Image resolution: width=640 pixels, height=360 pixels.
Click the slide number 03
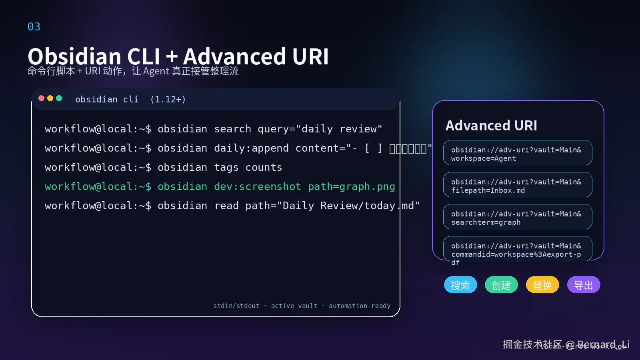tap(34, 27)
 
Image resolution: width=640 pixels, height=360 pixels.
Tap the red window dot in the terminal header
tap(41, 98)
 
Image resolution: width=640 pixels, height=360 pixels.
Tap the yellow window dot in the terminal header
tap(50, 98)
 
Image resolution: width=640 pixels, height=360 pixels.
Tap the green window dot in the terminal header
tap(59, 98)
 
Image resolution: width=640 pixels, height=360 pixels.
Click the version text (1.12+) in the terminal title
tap(168, 100)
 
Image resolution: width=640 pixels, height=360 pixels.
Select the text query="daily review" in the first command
tap(320, 129)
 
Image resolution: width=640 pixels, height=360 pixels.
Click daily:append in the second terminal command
tap(251, 148)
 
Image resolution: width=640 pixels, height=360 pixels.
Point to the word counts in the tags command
tap(264, 168)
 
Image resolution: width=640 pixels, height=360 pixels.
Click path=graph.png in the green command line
tap(351, 187)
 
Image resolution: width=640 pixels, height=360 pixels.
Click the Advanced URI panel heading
tap(491, 126)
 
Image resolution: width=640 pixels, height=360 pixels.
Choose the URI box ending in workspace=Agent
tap(518, 153)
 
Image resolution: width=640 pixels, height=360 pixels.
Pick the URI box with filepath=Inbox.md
tap(518, 185)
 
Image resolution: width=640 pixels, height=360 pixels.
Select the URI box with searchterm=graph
tap(518, 217)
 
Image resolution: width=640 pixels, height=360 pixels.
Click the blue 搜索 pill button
tap(460, 285)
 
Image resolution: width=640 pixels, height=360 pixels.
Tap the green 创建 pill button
tap(501, 285)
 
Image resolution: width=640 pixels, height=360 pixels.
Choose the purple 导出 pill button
tap(583, 285)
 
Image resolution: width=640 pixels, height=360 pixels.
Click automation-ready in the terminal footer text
tap(359, 306)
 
